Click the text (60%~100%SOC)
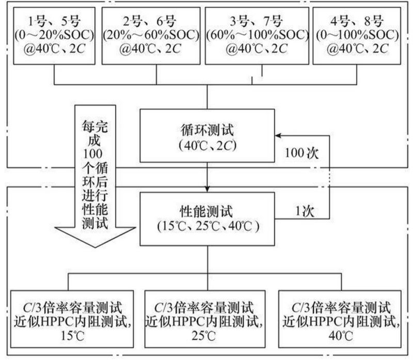pos(256,36)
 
